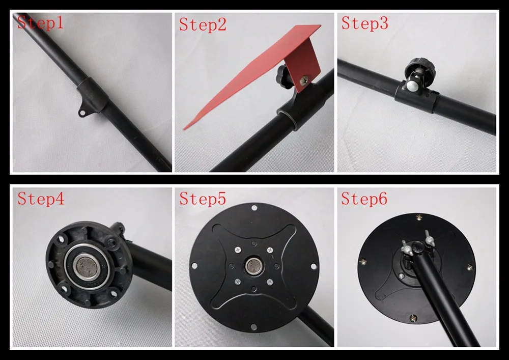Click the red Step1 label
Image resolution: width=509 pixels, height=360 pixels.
coord(40,22)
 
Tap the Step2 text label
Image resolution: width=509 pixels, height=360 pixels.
coord(203,24)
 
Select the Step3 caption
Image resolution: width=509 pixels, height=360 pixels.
coord(364,23)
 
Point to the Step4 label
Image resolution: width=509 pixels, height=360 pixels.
coord(41,199)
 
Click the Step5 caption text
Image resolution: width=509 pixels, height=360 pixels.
coord(203,199)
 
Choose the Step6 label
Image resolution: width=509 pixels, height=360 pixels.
coord(364,199)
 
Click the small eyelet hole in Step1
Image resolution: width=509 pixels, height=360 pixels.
coord(82,113)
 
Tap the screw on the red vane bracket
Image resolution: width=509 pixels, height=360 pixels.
coord(305,80)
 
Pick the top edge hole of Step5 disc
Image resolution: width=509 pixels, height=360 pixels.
coord(254,208)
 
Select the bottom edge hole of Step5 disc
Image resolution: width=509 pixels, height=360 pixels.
coord(254,327)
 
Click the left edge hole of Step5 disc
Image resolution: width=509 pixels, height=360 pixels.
coord(194,266)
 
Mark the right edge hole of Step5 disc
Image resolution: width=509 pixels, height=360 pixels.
coord(314,266)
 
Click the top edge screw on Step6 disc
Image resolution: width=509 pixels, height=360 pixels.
coord(419,217)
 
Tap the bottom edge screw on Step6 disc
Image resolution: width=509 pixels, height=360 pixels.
coord(413,318)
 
